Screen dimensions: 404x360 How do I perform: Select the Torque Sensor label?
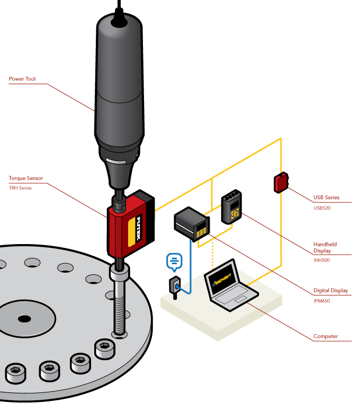click(26, 178)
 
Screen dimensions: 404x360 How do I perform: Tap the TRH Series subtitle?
click(20, 188)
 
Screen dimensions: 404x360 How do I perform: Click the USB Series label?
click(326, 197)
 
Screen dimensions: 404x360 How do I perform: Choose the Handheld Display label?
click(325, 247)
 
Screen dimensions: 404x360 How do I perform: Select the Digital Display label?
click(331, 291)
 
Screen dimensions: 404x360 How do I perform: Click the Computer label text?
click(326, 336)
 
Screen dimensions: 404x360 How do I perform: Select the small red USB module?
click(281, 183)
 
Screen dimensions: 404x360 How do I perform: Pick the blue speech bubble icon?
click(174, 261)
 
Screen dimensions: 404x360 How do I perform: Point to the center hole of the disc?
click(24, 318)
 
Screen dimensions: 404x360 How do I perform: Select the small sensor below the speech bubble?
click(175, 286)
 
